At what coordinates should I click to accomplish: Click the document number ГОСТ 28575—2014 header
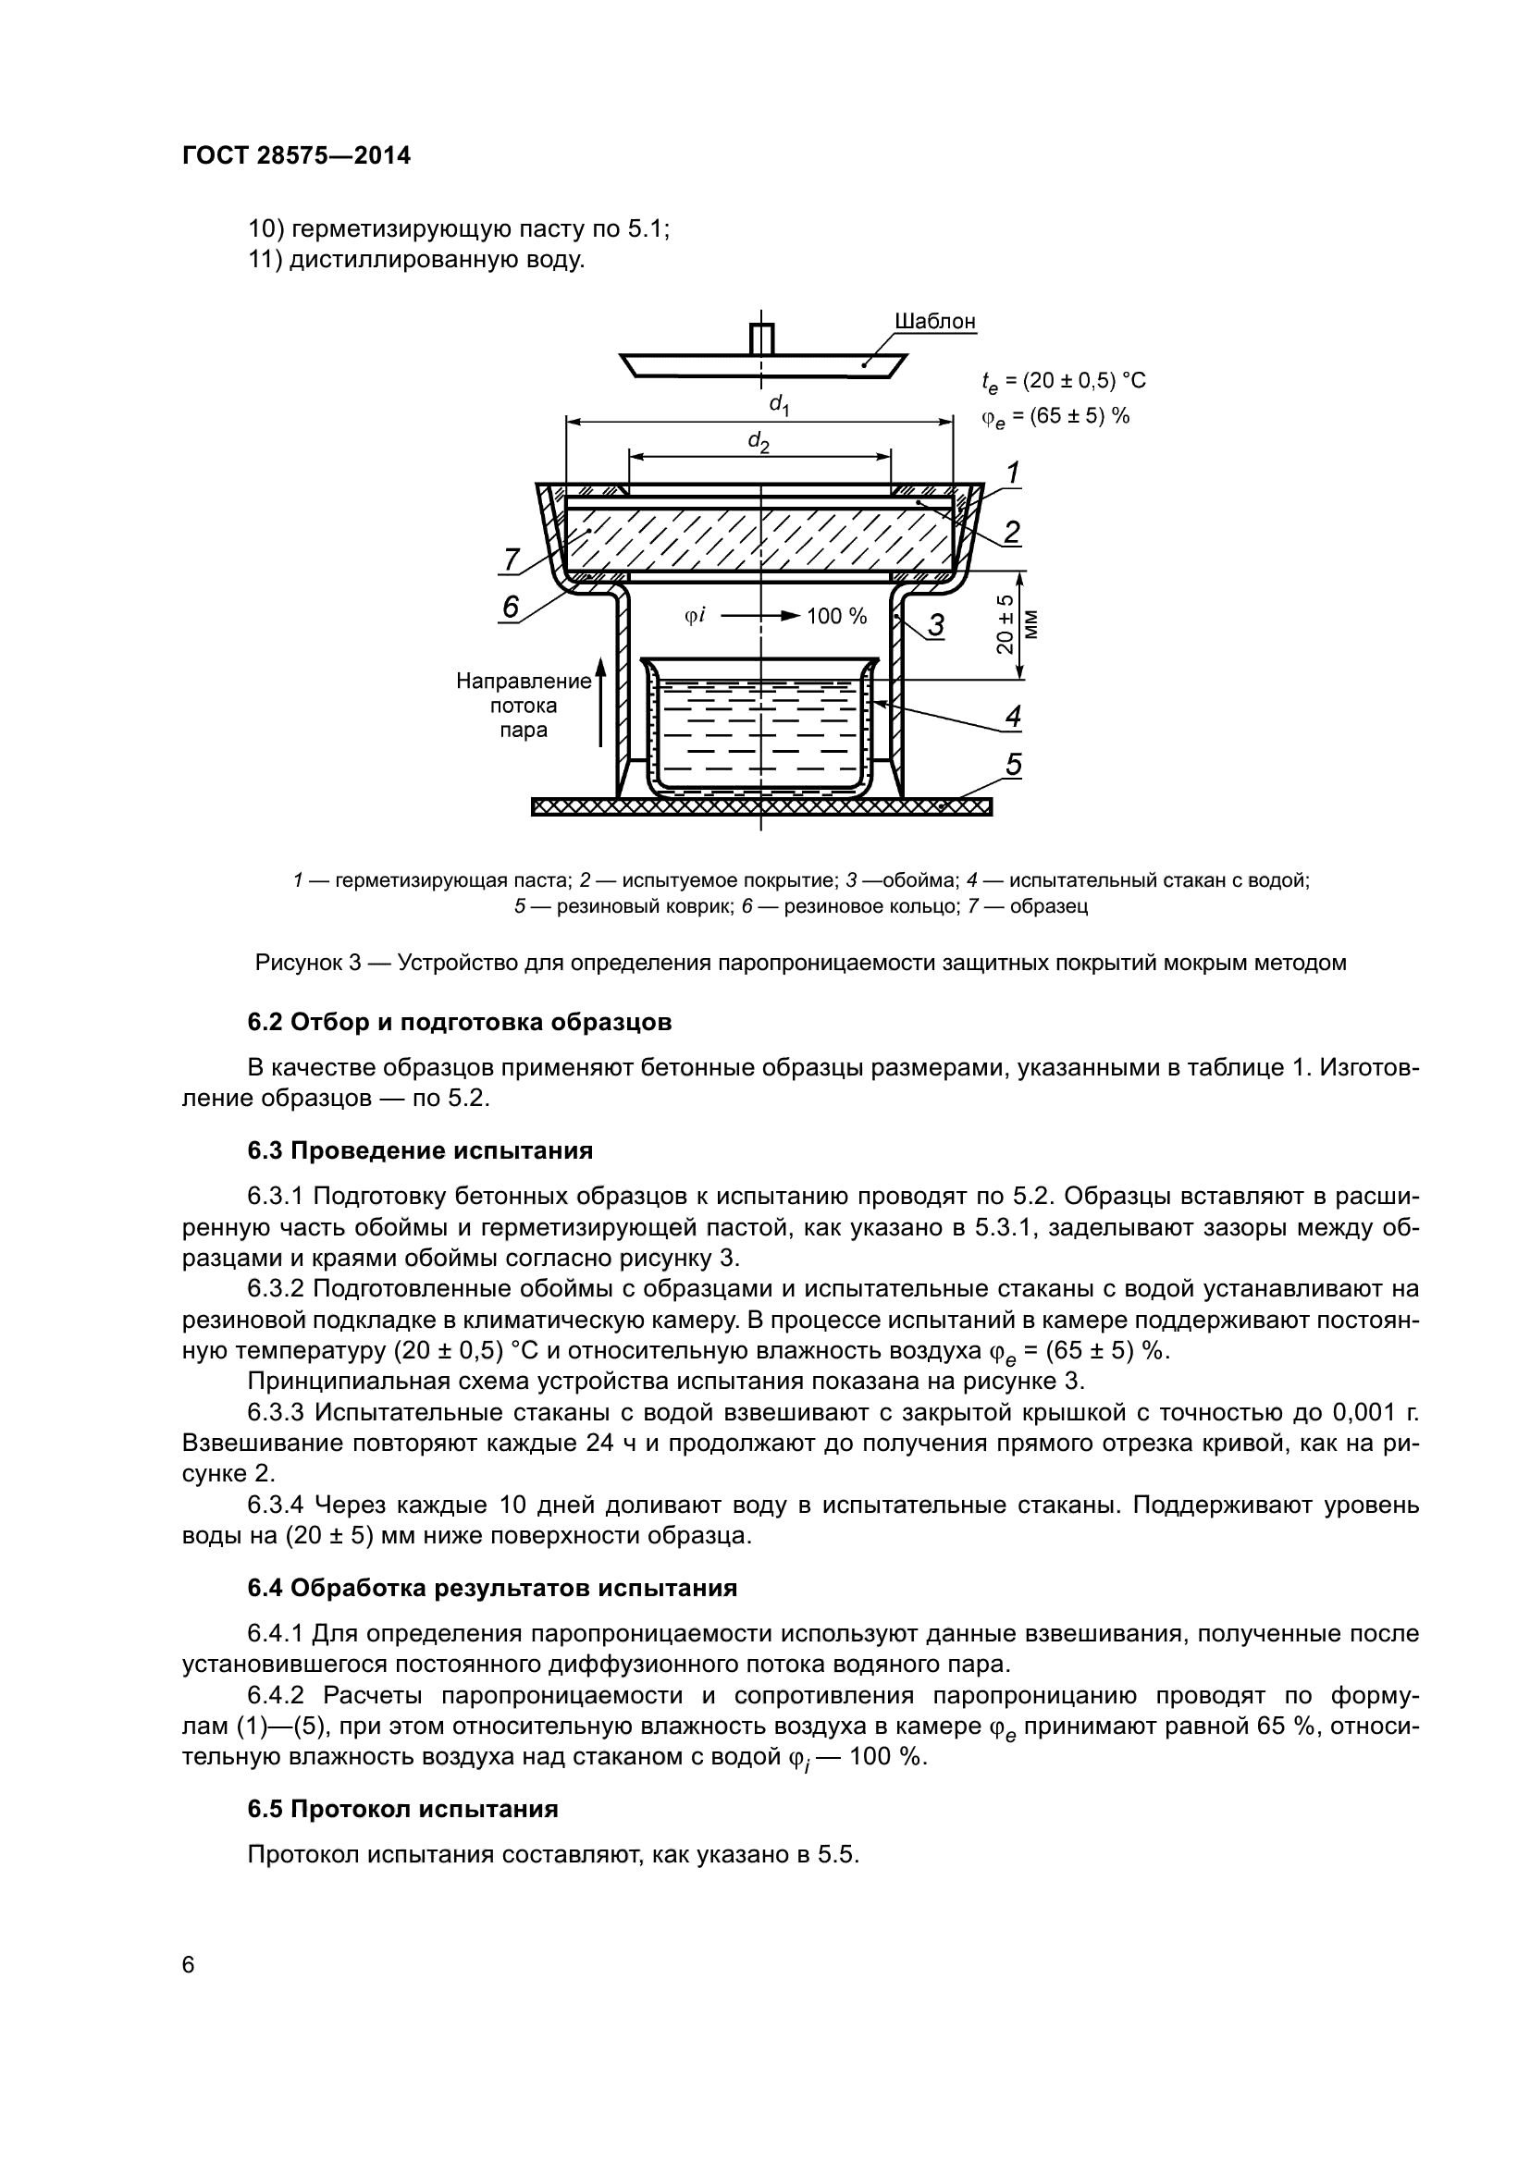297,156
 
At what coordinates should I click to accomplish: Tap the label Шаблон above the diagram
934,322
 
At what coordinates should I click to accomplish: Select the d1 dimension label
779,406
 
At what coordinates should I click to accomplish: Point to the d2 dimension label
759,441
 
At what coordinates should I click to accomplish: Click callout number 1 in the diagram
1013,473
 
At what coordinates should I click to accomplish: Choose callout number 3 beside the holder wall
936,625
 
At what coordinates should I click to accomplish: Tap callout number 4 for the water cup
1013,716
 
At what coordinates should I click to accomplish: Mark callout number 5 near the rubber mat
1013,765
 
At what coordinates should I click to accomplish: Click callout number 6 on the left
511,608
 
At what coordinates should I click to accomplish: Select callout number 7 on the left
510,560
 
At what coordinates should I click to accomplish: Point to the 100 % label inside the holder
836,617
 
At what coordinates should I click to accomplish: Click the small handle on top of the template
761,338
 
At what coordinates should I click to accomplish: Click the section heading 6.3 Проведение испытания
420,1151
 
